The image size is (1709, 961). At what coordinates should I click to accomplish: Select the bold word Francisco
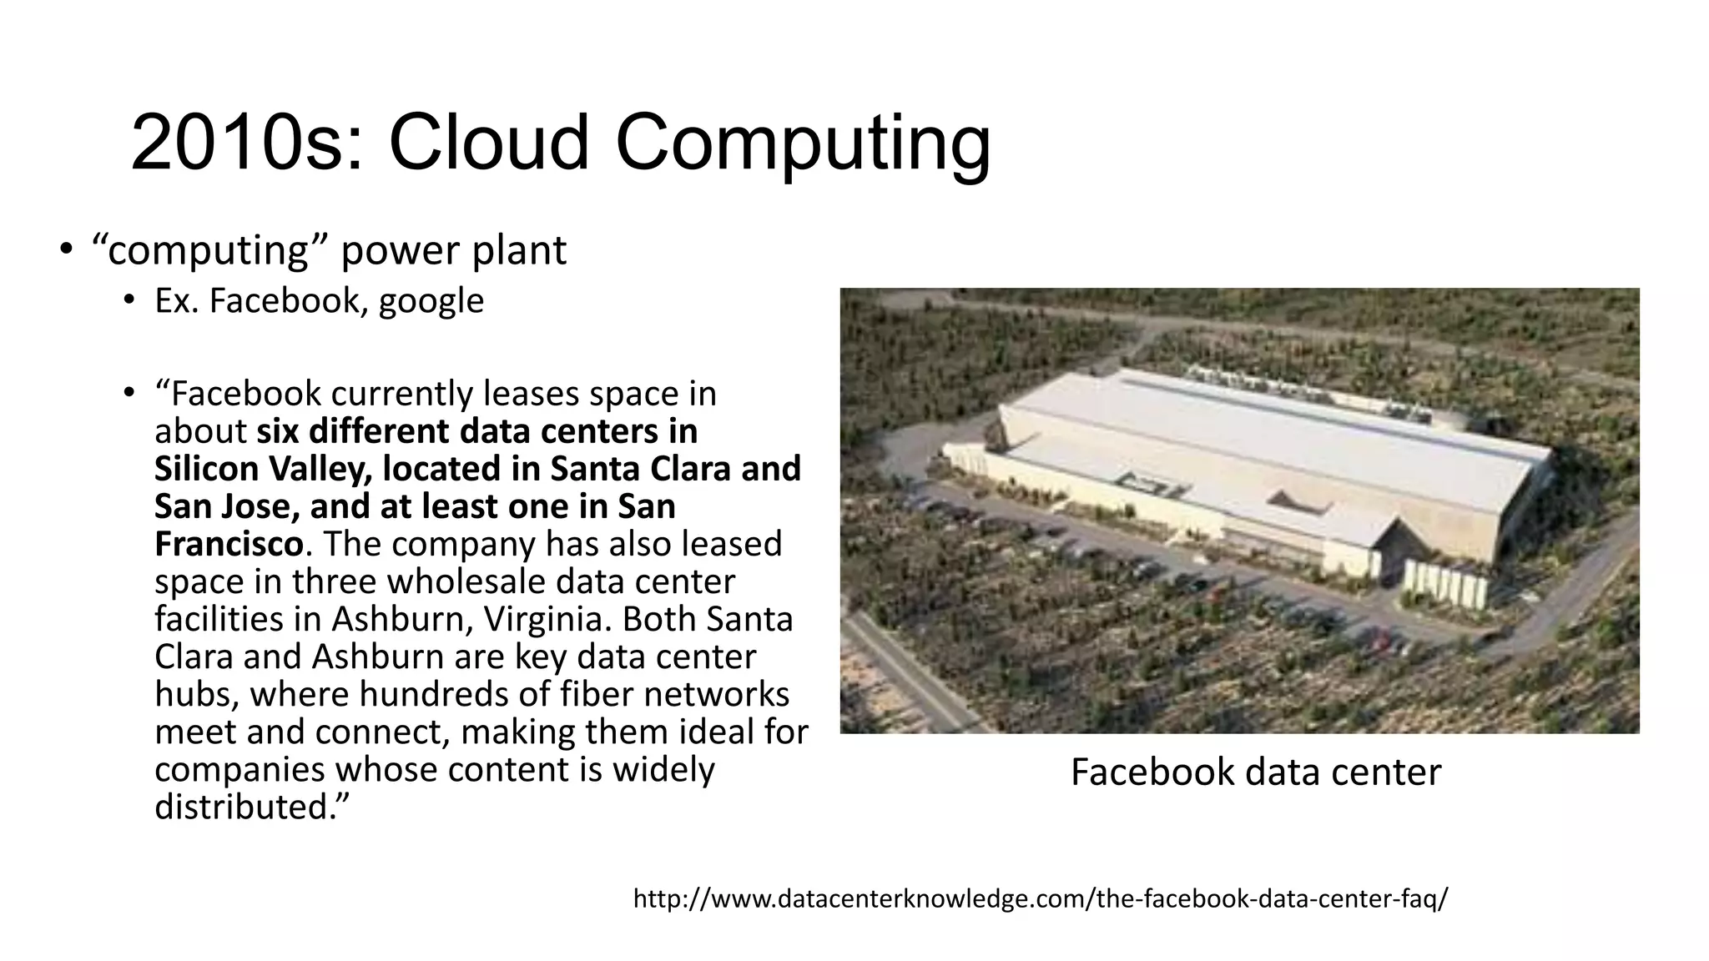point(228,544)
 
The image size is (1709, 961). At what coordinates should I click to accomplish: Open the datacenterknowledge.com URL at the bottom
point(1041,899)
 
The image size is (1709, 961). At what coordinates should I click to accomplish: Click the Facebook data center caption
point(1255,772)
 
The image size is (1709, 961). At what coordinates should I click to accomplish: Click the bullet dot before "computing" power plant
point(66,249)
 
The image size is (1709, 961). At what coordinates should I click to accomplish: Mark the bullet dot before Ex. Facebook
point(128,300)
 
